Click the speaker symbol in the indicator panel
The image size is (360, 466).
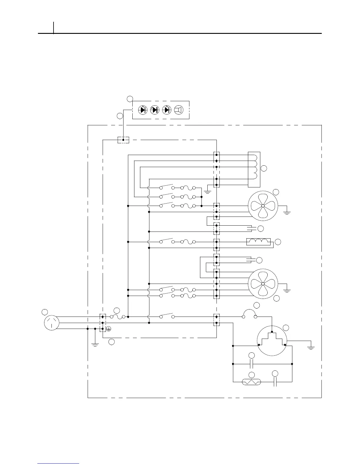click(179, 110)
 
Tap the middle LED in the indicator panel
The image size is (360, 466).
click(155, 110)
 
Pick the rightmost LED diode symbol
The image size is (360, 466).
click(167, 110)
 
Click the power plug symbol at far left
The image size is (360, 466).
click(51, 323)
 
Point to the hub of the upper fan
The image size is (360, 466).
click(263, 206)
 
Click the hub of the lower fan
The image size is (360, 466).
click(263, 284)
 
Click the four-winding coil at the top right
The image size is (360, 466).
click(254, 169)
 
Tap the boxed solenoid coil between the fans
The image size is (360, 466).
click(258, 242)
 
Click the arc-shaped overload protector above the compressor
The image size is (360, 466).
click(249, 314)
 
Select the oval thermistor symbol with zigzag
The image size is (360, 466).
click(251, 382)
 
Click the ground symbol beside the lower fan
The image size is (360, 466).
click(287, 289)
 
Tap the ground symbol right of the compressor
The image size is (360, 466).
click(311, 347)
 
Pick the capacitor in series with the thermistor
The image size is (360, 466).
click(275, 382)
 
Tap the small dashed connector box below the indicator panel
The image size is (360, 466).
click(123, 140)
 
